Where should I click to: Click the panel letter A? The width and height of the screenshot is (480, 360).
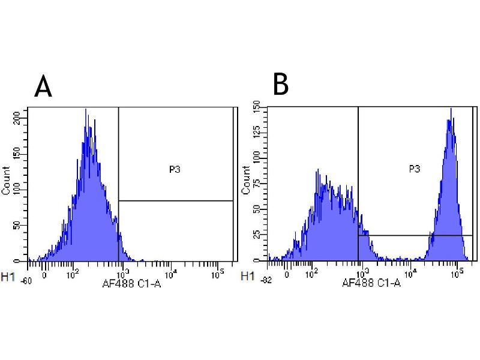pyautogui.click(x=43, y=86)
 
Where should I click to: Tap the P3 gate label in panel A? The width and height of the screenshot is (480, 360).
pyautogui.click(x=175, y=170)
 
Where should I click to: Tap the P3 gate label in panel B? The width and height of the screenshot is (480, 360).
pyautogui.click(x=414, y=169)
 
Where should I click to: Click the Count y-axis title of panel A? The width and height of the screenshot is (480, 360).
pyautogui.click(x=7, y=180)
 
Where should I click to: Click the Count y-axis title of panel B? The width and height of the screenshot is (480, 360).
pyautogui.click(x=245, y=180)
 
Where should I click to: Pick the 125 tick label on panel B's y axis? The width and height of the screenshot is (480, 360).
pyautogui.click(x=256, y=132)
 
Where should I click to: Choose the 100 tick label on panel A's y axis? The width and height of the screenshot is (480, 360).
pyautogui.click(x=23, y=190)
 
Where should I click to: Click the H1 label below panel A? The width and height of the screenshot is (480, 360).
pyautogui.click(x=8, y=277)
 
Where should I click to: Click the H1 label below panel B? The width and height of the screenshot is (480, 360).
pyautogui.click(x=246, y=277)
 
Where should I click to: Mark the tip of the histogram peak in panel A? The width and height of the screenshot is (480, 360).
pyautogui.click(x=86, y=109)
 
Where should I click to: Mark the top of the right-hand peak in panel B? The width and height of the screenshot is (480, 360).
pyautogui.click(x=451, y=109)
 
